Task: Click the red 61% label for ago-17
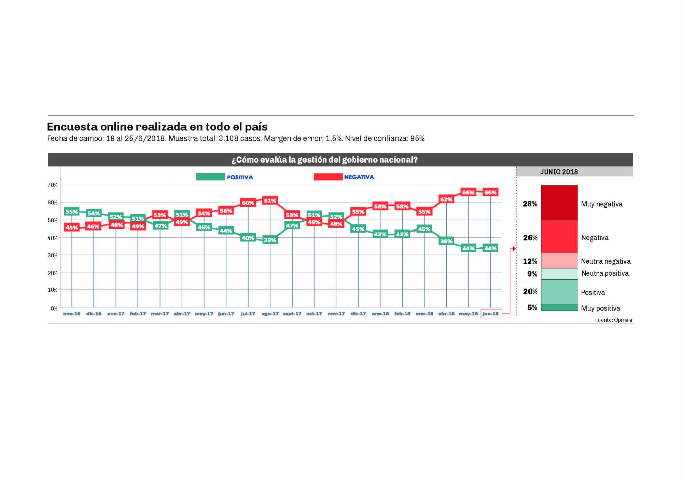(270, 201)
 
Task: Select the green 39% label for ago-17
(270, 240)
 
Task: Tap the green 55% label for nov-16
(72, 212)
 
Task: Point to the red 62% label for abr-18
(446, 199)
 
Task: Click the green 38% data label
(446, 241)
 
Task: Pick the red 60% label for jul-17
(248, 203)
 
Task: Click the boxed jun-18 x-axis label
(491, 314)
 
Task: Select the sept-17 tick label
(292, 314)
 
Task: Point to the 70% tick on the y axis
(53, 185)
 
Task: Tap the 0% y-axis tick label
(54, 308)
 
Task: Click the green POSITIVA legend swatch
(210, 177)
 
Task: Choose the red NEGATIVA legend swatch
(328, 177)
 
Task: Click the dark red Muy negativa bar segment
(559, 203)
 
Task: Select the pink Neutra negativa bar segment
(559, 261)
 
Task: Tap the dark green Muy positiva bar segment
(559, 308)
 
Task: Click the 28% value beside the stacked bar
(530, 204)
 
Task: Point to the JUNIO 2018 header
(559, 172)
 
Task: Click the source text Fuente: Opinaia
(613, 320)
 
